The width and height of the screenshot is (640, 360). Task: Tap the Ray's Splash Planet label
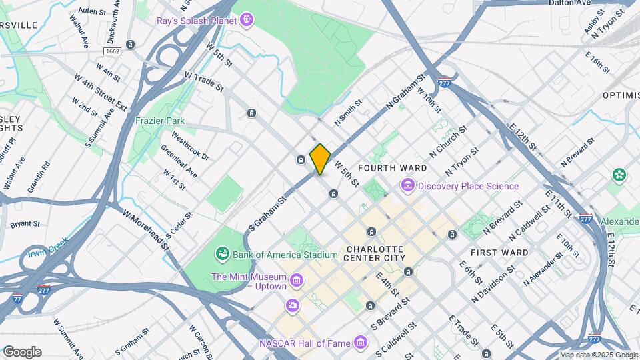click(x=197, y=21)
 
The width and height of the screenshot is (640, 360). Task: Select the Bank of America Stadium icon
click(x=222, y=254)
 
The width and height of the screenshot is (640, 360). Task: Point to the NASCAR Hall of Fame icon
click(x=361, y=343)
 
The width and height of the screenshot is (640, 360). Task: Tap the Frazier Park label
click(x=160, y=121)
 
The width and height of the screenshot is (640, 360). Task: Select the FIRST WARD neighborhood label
click(x=499, y=253)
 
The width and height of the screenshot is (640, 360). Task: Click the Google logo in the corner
click(x=22, y=352)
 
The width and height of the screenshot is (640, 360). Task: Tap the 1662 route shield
click(x=111, y=51)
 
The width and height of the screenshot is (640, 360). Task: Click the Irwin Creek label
click(x=48, y=248)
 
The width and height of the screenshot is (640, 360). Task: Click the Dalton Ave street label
click(x=569, y=3)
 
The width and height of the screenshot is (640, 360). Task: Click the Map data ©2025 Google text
click(x=598, y=355)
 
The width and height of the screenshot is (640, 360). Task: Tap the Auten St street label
click(x=92, y=11)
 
